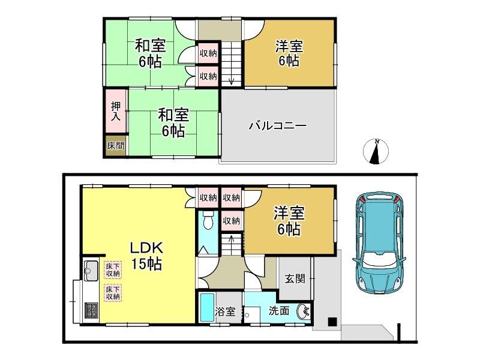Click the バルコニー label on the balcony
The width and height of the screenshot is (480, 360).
[x=277, y=126]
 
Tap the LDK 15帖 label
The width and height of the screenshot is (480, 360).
[x=146, y=256]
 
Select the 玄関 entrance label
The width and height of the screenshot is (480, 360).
[x=295, y=279]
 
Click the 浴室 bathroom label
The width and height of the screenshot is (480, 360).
[x=225, y=311]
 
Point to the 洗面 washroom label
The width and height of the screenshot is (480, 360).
[x=279, y=311]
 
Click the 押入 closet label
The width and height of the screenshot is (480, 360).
[x=116, y=111]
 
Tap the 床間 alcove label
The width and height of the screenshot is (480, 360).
[x=116, y=146]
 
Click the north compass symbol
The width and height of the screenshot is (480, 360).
[x=376, y=152]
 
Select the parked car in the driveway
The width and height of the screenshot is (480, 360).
[x=380, y=244]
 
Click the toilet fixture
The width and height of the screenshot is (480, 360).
[x=208, y=220]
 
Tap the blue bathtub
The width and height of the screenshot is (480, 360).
[x=207, y=308]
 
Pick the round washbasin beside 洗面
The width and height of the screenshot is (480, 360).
[x=303, y=311]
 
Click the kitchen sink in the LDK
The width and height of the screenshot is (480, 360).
[x=91, y=270]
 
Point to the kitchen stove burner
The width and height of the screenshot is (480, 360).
[x=91, y=310]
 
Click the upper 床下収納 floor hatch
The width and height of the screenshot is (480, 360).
[x=113, y=269]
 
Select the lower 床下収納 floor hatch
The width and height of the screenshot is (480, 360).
[x=113, y=293]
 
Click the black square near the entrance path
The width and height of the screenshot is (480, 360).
[x=332, y=322]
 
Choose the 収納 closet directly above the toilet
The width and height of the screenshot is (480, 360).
[x=208, y=198]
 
